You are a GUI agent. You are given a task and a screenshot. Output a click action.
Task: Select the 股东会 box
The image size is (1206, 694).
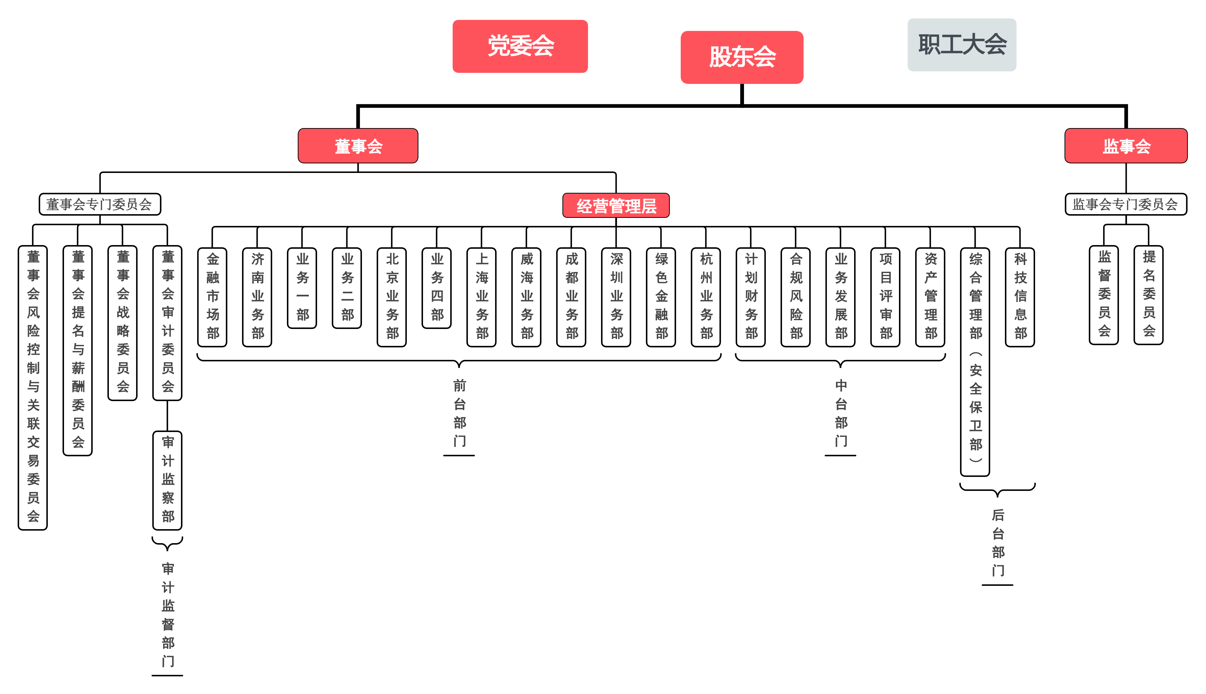click(x=742, y=57)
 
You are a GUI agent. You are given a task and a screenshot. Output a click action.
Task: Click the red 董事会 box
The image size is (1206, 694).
click(x=358, y=146)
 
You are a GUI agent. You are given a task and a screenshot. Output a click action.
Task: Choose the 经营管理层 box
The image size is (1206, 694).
click(x=616, y=205)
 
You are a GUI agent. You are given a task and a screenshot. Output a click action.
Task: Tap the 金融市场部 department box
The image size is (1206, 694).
click(x=212, y=297)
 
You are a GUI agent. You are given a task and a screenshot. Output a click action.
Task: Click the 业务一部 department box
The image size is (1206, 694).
click(x=302, y=288)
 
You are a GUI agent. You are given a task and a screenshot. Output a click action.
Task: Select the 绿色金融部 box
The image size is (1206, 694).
click(x=661, y=297)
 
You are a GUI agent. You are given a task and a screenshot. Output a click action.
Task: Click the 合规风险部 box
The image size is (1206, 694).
click(x=795, y=297)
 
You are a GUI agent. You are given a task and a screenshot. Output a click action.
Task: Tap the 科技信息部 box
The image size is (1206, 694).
click(x=1020, y=297)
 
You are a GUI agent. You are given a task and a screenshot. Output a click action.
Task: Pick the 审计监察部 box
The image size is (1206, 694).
click(x=167, y=480)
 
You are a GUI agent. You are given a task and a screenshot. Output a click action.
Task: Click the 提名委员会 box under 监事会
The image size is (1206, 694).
click(x=1148, y=295)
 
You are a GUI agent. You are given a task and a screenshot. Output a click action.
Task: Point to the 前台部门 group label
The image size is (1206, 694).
click(x=459, y=413)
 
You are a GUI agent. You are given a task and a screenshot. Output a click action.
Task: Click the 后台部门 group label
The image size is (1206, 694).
click(x=997, y=542)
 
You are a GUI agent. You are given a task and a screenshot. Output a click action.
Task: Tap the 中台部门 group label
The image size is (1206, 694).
click(x=841, y=413)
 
